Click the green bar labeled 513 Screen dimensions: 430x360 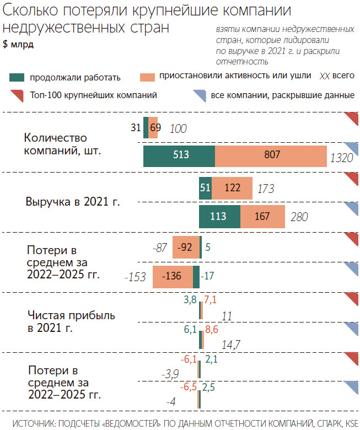click(x=179, y=156)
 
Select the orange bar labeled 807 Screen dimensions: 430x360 click(x=271, y=156)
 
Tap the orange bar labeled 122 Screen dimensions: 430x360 click(x=232, y=188)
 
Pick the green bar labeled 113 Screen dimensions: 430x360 click(x=219, y=216)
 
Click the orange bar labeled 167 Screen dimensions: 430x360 click(x=262, y=216)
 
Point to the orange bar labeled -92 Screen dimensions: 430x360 click(x=186, y=248)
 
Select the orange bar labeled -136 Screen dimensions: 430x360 click(x=174, y=276)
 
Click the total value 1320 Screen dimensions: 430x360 click(x=341, y=159)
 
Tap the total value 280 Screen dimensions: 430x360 click(x=299, y=217)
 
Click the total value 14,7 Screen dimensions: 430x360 click(x=230, y=345)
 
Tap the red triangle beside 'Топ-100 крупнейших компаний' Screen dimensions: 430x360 click(x=16, y=95)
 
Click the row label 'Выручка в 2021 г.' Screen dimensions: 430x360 click(x=73, y=202)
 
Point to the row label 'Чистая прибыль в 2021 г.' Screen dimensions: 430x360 click(x=71, y=321)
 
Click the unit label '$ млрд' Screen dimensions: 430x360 click(x=18, y=45)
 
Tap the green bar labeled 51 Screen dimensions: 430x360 click(x=205, y=188)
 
